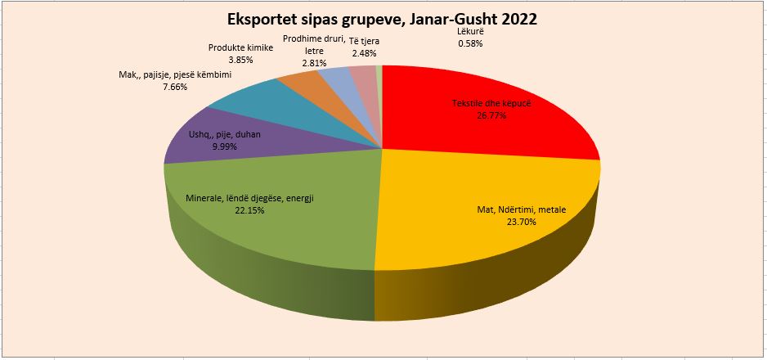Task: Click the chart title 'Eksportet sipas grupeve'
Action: tap(383, 18)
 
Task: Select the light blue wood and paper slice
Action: tap(334, 78)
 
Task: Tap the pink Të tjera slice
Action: tap(361, 75)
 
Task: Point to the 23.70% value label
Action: tap(520, 220)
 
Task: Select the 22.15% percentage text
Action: tap(250, 210)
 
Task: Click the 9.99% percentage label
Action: tap(224, 146)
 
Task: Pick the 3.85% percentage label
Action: tap(240, 60)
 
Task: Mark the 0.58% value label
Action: tap(471, 43)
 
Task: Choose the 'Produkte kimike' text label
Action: tap(240, 48)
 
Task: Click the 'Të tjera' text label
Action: tap(364, 41)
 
